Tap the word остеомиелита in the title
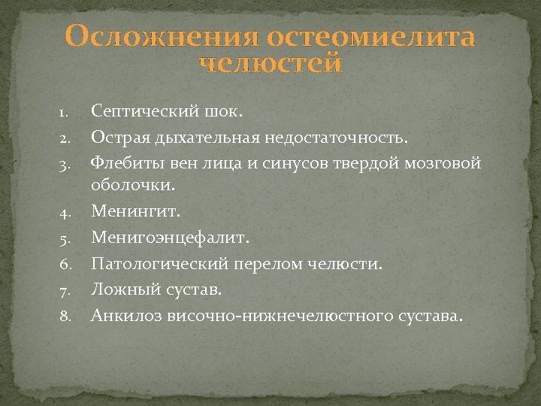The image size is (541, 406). (x=370, y=37)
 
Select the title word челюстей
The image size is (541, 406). (x=270, y=64)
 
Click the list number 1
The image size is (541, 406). (x=64, y=114)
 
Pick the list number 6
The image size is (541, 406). (x=65, y=265)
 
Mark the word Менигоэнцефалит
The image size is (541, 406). (x=168, y=239)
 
